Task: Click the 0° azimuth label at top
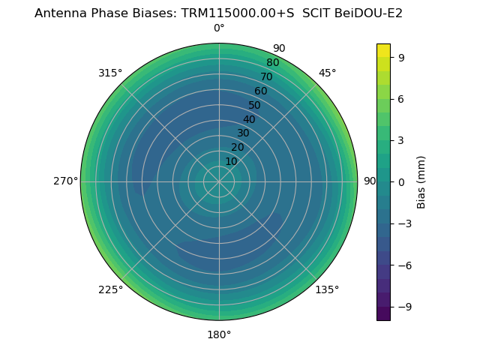[x=219, y=28]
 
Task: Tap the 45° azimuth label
[x=327, y=73]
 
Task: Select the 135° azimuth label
[x=327, y=289]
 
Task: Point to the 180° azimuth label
[x=219, y=334]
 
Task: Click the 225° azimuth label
[x=110, y=289]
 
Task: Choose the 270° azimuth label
[x=65, y=181]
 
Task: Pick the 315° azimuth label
[x=110, y=73]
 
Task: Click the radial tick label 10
[x=231, y=161]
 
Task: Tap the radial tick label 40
[x=249, y=119]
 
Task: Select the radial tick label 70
[x=267, y=76]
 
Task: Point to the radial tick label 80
[x=273, y=63]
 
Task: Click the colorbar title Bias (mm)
[x=421, y=182]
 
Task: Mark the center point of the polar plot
[x=219, y=181]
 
